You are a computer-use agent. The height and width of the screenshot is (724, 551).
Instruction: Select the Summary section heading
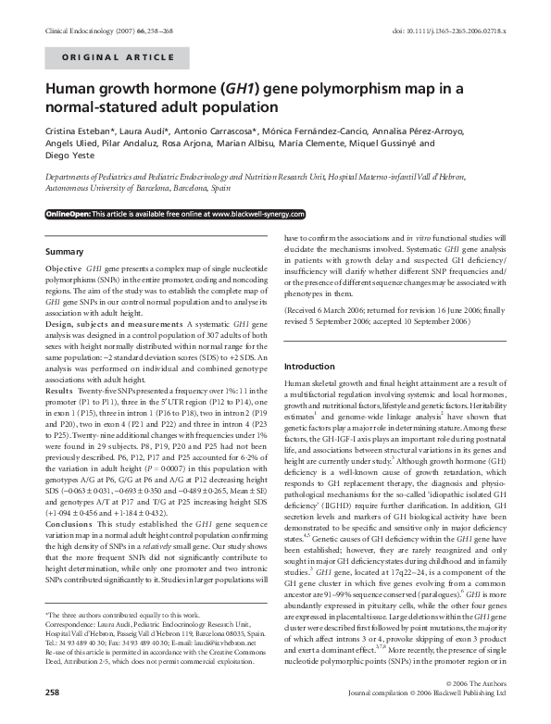(66, 251)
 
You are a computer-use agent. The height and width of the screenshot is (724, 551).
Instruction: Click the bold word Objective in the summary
(63, 268)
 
